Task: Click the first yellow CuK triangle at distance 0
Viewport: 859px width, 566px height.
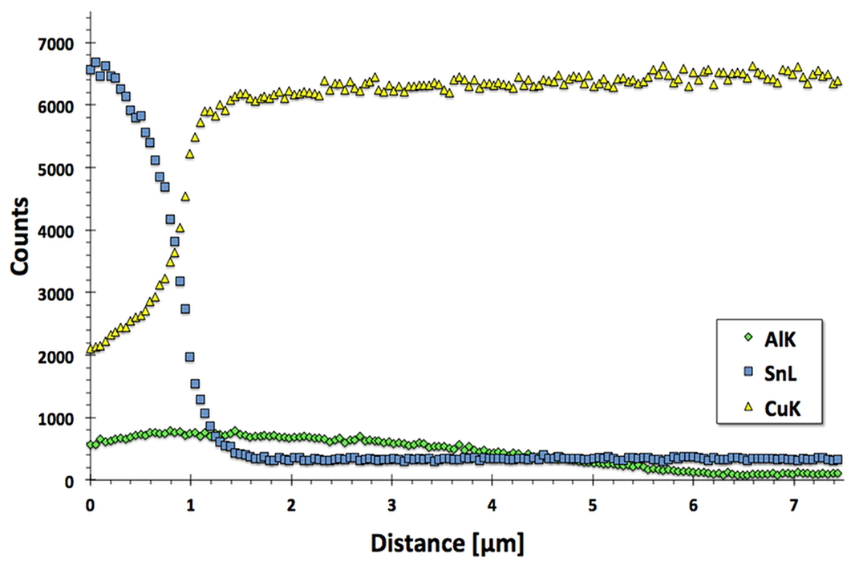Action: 90,350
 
